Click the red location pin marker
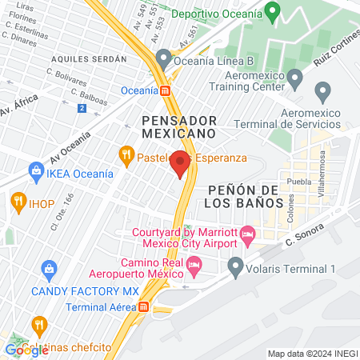click(180, 162)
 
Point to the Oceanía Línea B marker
click(165, 58)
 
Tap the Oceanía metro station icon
click(165, 90)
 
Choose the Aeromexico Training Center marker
click(295, 78)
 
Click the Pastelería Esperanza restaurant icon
click(126, 154)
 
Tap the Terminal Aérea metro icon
click(143, 306)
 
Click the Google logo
click(26, 349)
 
